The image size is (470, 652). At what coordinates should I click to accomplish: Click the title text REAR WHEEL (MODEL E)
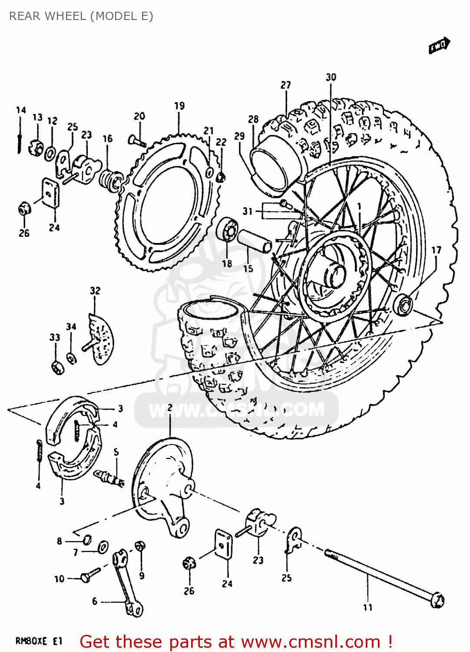(81, 16)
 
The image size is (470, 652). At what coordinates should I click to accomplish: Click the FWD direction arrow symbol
(439, 46)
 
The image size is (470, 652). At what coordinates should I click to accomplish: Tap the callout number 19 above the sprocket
(179, 106)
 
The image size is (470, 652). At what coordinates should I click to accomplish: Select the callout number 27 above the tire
(285, 85)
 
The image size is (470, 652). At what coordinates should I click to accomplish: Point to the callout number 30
(331, 77)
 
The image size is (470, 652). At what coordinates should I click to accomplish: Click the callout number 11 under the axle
(368, 607)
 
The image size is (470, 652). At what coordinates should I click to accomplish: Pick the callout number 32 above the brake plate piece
(95, 290)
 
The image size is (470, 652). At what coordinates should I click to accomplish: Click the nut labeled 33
(57, 367)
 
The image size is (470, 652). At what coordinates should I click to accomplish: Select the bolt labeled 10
(89, 576)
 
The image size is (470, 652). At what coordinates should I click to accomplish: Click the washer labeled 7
(103, 547)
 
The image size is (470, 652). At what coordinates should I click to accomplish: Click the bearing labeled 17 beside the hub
(403, 304)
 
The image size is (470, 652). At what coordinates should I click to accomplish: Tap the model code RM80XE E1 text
(39, 641)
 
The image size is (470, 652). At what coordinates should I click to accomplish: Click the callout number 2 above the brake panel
(170, 408)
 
